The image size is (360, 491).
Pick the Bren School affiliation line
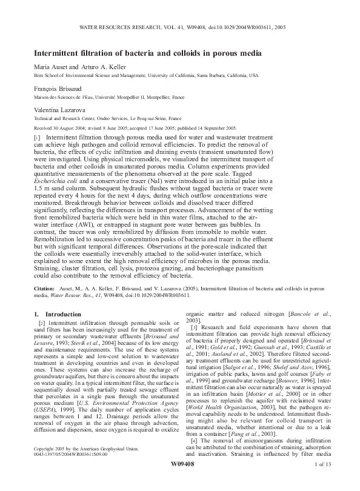[x=145, y=75]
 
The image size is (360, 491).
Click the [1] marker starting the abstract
[x=38, y=139]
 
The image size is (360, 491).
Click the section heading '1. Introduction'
[x=59, y=314]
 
